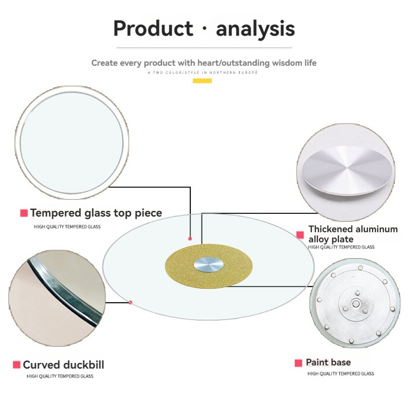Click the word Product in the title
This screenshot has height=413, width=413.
pos(153,28)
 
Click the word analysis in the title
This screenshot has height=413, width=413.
pos(255,29)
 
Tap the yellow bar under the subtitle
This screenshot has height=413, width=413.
pos(202,81)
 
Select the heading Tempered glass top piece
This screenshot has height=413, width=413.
pos(96,213)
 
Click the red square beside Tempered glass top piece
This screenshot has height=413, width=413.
pos(24,213)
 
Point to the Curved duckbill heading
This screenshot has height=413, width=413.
pos(63,365)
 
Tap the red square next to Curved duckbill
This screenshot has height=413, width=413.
pos(17,365)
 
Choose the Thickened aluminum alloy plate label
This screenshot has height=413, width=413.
pos(353,234)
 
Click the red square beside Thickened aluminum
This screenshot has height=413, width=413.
pos(300,235)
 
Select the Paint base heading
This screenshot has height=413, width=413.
pos(328,363)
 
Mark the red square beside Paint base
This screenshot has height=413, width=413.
pos(298,363)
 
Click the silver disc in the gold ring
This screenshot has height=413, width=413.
pos(209,265)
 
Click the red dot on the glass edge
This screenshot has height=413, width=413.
pos(130,302)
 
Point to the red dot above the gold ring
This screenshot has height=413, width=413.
pos(190,239)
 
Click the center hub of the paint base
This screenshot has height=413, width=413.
pos(356,304)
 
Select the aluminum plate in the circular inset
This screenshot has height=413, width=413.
pos(347,171)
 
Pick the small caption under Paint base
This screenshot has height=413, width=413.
pos(340,374)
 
